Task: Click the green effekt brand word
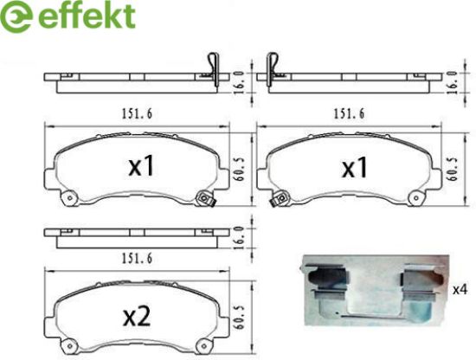(87, 16)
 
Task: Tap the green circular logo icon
(16, 16)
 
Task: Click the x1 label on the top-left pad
(141, 166)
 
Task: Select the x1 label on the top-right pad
(355, 167)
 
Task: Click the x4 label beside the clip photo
(460, 290)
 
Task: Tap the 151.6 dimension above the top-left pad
(137, 114)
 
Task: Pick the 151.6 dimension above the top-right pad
(349, 114)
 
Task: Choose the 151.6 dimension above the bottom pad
(137, 259)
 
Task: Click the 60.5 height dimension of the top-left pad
(240, 169)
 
